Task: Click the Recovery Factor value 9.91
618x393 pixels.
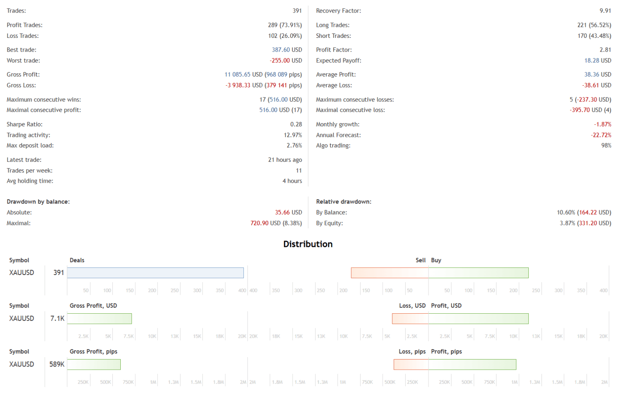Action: pyautogui.click(x=605, y=11)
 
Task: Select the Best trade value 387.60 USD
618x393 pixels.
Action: pyautogui.click(x=286, y=50)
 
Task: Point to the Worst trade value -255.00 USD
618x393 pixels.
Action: pyautogui.click(x=286, y=61)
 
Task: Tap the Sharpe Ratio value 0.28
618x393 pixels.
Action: pyautogui.click(x=296, y=124)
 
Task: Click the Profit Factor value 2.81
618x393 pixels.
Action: pyautogui.click(x=605, y=50)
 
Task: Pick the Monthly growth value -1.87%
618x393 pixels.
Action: pyautogui.click(x=602, y=124)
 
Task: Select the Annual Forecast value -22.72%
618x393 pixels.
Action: pyautogui.click(x=601, y=135)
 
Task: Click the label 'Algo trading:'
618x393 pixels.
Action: pyautogui.click(x=333, y=146)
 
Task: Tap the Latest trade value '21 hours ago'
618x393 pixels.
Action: pyautogui.click(x=285, y=160)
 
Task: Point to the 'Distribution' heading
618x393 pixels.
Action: pyautogui.click(x=308, y=244)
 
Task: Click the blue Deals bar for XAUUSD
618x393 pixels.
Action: pyautogui.click(x=155, y=273)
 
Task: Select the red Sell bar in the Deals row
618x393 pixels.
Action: pyautogui.click(x=389, y=273)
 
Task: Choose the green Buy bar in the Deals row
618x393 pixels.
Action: pyautogui.click(x=478, y=273)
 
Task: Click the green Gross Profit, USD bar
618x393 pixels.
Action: pyautogui.click(x=99, y=319)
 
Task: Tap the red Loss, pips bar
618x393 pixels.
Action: pyautogui.click(x=411, y=364)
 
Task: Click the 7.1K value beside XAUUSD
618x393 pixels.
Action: pyautogui.click(x=57, y=319)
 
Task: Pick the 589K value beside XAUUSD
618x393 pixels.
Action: pyautogui.click(x=57, y=364)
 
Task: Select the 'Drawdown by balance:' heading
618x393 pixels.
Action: pyautogui.click(x=38, y=202)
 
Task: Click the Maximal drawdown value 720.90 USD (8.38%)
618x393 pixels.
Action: pyautogui.click(x=276, y=223)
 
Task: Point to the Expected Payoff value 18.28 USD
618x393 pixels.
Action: pyautogui.click(x=597, y=61)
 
